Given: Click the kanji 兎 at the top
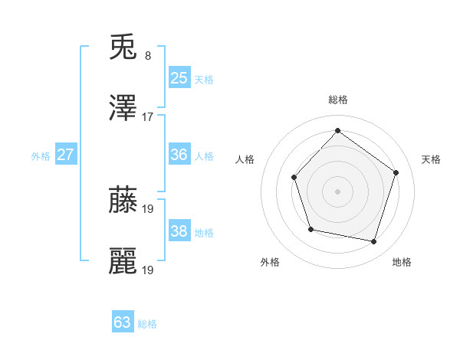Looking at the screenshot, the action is coord(123,47).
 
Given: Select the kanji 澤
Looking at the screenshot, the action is coord(123,109).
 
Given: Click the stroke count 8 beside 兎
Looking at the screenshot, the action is coord(148,55).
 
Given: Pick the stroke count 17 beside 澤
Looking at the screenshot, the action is coord(148,116).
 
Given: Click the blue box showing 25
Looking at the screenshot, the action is coord(179,78).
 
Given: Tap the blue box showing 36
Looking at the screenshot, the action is coord(179,155).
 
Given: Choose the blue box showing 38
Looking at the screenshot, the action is coord(179,231).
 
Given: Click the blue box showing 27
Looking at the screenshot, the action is coord(65,155).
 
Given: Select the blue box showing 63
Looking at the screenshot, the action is coord(122,322).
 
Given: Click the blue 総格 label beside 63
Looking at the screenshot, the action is coord(147,324).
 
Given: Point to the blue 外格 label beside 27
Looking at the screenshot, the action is coord(41,156).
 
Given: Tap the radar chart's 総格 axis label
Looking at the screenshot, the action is coord(337,100).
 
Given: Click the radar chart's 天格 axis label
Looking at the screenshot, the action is coord(431,159).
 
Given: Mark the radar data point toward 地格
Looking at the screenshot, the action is coord(374,242).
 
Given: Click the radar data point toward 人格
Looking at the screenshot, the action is coord(294,178).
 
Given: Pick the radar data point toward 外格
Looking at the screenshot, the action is coord(310,229).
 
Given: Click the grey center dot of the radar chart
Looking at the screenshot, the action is coord(337,191).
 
